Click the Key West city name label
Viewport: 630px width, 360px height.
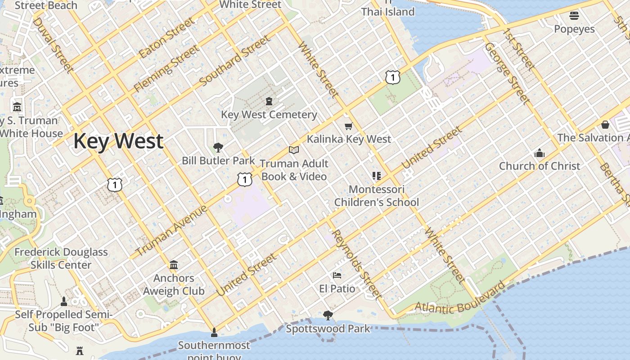click(118, 141)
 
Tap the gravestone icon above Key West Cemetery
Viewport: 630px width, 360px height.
click(269, 101)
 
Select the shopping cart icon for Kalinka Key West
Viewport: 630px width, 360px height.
click(348, 126)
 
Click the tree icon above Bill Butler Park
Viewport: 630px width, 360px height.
click(218, 147)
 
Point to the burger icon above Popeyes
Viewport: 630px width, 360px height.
click(574, 16)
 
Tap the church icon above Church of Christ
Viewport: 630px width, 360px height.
click(539, 153)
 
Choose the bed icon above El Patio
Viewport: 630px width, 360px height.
click(337, 275)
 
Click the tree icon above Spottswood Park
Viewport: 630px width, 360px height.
click(328, 315)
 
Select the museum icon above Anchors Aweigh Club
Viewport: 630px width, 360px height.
click(174, 265)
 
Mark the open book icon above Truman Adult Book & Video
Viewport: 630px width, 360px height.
click(294, 150)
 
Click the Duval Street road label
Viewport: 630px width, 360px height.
click(53, 45)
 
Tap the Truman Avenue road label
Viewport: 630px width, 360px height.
click(172, 230)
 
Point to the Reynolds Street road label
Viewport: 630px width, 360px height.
click(357, 264)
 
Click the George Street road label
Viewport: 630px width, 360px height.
click(507, 73)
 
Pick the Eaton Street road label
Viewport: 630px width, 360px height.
click(167, 38)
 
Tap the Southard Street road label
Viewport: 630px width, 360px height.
click(235, 61)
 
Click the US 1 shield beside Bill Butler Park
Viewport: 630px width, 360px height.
click(244, 180)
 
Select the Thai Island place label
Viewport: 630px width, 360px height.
click(388, 11)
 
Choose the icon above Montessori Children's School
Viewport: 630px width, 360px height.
click(377, 175)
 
